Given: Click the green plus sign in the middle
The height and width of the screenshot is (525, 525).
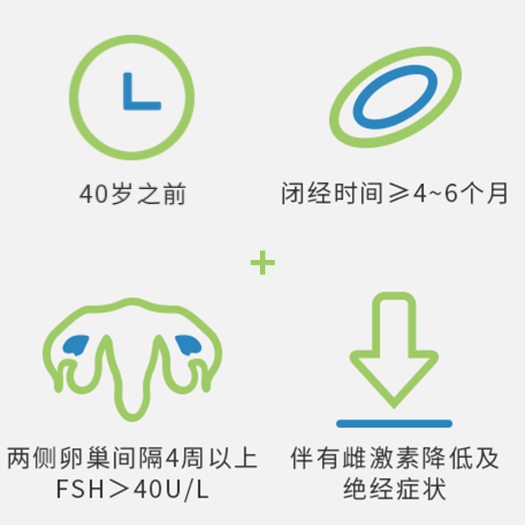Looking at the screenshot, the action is [x=263, y=262].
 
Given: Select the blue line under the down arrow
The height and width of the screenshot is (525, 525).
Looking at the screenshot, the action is [x=394, y=424].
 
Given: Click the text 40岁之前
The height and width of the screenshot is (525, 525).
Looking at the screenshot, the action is [x=132, y=193].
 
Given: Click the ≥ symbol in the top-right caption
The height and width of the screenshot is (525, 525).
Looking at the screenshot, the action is [x=400, y=193].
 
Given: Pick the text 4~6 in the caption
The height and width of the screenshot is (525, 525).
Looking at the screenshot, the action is [x=435, y=193].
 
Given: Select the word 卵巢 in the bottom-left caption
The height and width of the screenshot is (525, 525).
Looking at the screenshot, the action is [x=85, y=458].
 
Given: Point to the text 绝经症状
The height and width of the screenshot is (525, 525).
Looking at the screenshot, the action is [x=394, y=489].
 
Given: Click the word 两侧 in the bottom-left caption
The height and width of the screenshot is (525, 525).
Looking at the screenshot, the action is [x=32, y=458].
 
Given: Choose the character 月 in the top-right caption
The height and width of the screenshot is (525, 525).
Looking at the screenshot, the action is [x=497, y=193].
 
